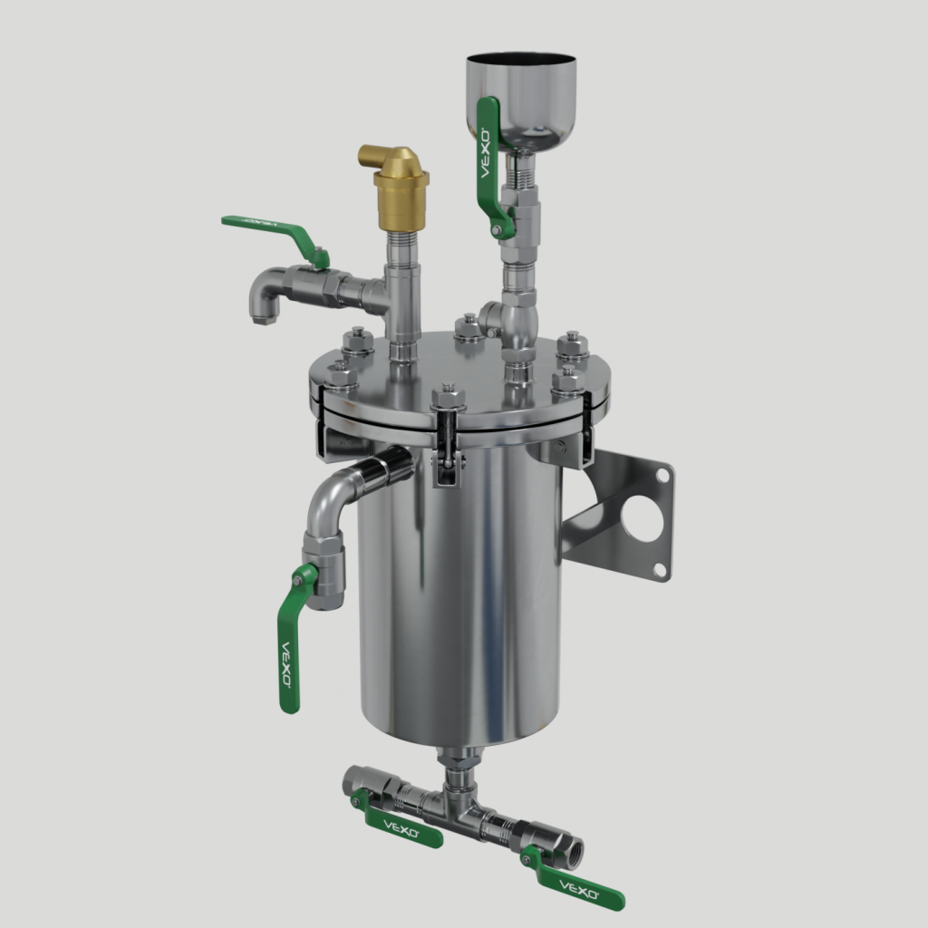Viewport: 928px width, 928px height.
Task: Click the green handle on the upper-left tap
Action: [272, 229]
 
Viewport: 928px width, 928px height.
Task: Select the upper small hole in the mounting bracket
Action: [664, 474]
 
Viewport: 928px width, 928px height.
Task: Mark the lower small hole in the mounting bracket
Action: [660, 570]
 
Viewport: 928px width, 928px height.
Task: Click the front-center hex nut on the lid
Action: [449, 398]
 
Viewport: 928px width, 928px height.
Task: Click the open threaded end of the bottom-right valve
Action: [573, 853]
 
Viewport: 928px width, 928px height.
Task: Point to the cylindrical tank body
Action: [462, 598]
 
